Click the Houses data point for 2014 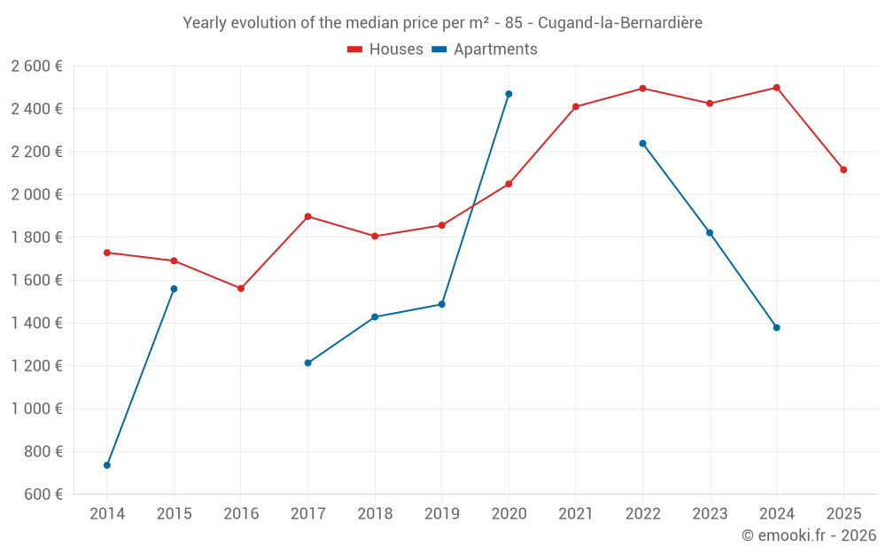coord(107,253)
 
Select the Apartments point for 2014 coord(107,465)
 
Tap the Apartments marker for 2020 coord(509,94)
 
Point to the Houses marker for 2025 coord(843,170)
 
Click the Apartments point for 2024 coord(777,328)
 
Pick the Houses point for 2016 coord(241,289)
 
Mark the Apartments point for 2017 coord(307,363)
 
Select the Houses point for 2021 coord(576,107)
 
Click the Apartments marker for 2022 coord(642,144)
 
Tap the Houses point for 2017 coord(307,216)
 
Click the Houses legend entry coord(385,50)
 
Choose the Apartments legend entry coord(485,50)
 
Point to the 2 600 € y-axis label coord(37,66)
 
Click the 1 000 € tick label coord(37,409)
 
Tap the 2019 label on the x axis coord(441,513)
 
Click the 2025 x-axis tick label coord(843,513)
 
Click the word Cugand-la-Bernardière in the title coord(620,23)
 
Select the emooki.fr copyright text coord(809,535)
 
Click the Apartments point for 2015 coord(174,289)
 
